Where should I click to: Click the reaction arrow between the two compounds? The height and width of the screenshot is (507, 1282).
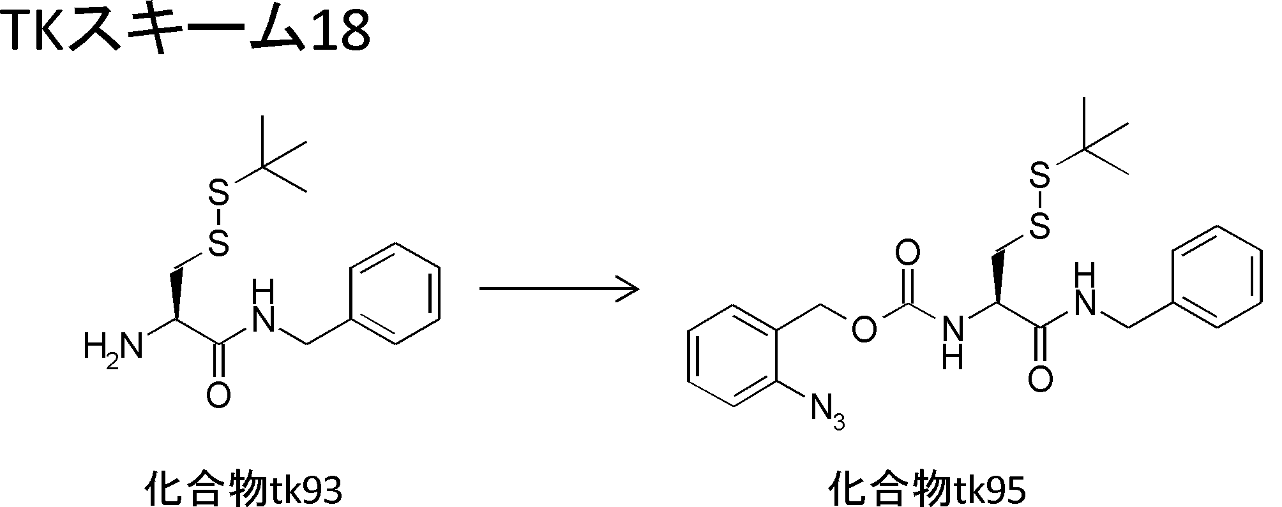(x=559, y=289)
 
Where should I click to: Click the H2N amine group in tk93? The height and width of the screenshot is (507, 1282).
(x=112, y=348)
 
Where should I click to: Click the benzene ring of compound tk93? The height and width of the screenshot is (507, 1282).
(x=396, y=294)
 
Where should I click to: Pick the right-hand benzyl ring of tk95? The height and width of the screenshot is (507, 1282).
(x=1218, y=277)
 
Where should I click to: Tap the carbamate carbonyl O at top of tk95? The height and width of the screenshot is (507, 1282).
(x=907, y=254)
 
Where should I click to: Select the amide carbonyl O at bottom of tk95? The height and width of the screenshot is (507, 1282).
(x=1041, y=380)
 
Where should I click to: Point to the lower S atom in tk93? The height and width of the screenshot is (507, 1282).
(x=218, y=244)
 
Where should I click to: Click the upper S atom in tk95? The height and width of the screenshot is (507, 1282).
(x=1041, y=177)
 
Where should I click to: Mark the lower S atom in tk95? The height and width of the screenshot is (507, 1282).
(x=1041, y=227)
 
